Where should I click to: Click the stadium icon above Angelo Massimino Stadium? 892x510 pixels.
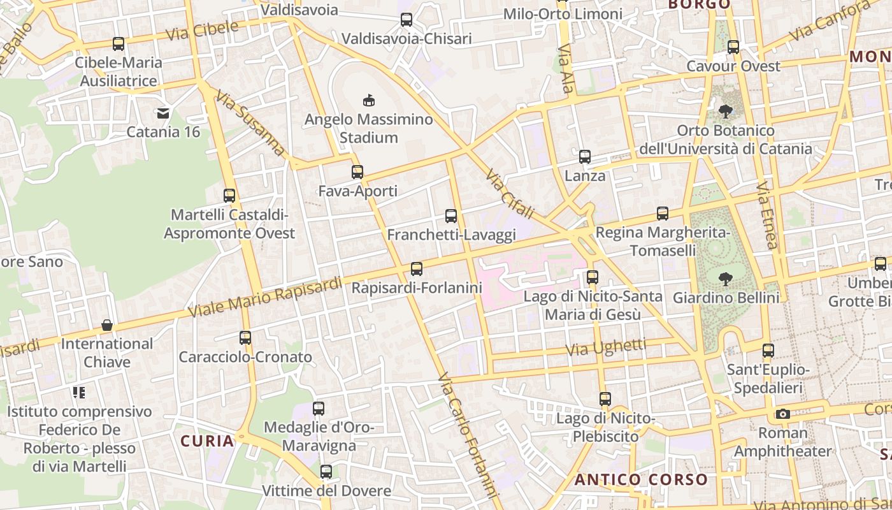click(x=368, y=100)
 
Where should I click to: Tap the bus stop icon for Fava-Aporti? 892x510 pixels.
click(x=357, y=171)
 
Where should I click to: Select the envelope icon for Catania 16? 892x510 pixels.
click(x=163, y=113)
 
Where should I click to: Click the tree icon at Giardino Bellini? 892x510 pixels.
click(x=725, y=279)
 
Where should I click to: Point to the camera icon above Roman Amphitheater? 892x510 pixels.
click(x=783, y=414)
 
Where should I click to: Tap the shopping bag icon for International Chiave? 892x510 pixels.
click(x=107, y=325)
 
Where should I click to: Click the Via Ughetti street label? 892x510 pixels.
click(x=606, y=347)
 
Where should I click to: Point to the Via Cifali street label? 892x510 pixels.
click(x=509, y=194)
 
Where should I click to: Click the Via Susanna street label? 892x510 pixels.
click(x=250, y=123)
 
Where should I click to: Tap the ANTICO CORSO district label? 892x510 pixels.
click(x=641, y=480)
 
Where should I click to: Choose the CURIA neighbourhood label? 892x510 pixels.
click(x=207, y=441)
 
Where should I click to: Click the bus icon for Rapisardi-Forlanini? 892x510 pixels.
click(x=417, y=269)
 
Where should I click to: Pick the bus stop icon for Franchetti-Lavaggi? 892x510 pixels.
click(x=451, y=216)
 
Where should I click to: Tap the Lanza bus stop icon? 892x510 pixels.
click(x=585, y=157)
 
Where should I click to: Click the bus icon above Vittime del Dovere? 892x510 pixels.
click(x=326, y=472)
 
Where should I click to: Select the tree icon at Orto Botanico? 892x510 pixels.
click(x=725, y=112)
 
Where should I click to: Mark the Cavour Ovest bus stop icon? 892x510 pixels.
click(x=733, y=47)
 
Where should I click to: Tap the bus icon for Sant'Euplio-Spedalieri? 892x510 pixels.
click(x=768, y=350)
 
